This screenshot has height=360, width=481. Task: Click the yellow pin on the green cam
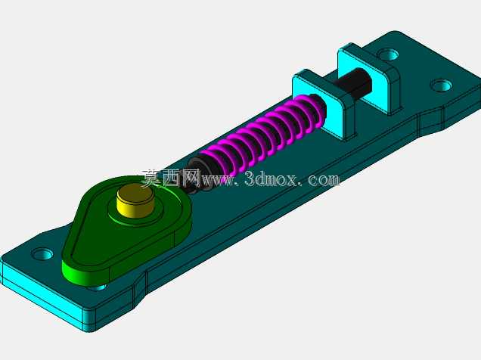pyautogui.click(x=135, y=201)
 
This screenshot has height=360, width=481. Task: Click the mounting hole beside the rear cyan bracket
pyautogui.click(x=388, y=55)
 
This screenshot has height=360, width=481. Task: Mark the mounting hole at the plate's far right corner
pyautogui.click(x=441, y=85)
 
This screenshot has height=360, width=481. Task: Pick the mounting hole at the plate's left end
pyautogui.click(x=42, y=254)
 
